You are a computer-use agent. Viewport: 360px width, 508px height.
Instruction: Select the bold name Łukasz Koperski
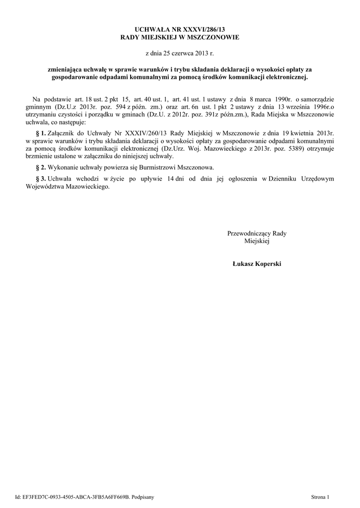coord(257,264)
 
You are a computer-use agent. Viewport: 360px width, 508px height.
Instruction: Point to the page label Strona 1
coord(320,496)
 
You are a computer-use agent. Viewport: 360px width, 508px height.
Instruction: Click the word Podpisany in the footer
coord(144,496)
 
